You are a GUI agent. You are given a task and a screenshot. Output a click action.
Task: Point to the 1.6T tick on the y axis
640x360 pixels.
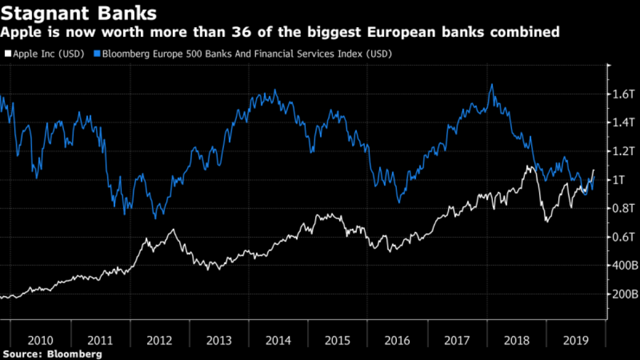coord(623,94)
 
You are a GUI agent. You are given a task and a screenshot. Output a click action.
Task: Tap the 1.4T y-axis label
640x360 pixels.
coord(623,122)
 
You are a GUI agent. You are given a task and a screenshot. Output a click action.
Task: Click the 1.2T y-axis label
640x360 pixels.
coord(623,151)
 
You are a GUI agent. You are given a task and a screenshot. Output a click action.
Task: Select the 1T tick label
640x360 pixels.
coord(619,180)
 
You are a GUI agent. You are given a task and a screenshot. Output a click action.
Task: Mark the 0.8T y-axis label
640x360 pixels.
coord(623,208)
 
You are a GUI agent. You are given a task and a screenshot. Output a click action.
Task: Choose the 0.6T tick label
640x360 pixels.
coord(623,237)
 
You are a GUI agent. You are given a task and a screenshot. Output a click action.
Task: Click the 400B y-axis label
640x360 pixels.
coord(624,265)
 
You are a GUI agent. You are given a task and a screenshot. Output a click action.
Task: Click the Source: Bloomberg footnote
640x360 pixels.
coord(52,354)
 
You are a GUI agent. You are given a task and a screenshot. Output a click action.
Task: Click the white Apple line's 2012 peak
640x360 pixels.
coord(173,230)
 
